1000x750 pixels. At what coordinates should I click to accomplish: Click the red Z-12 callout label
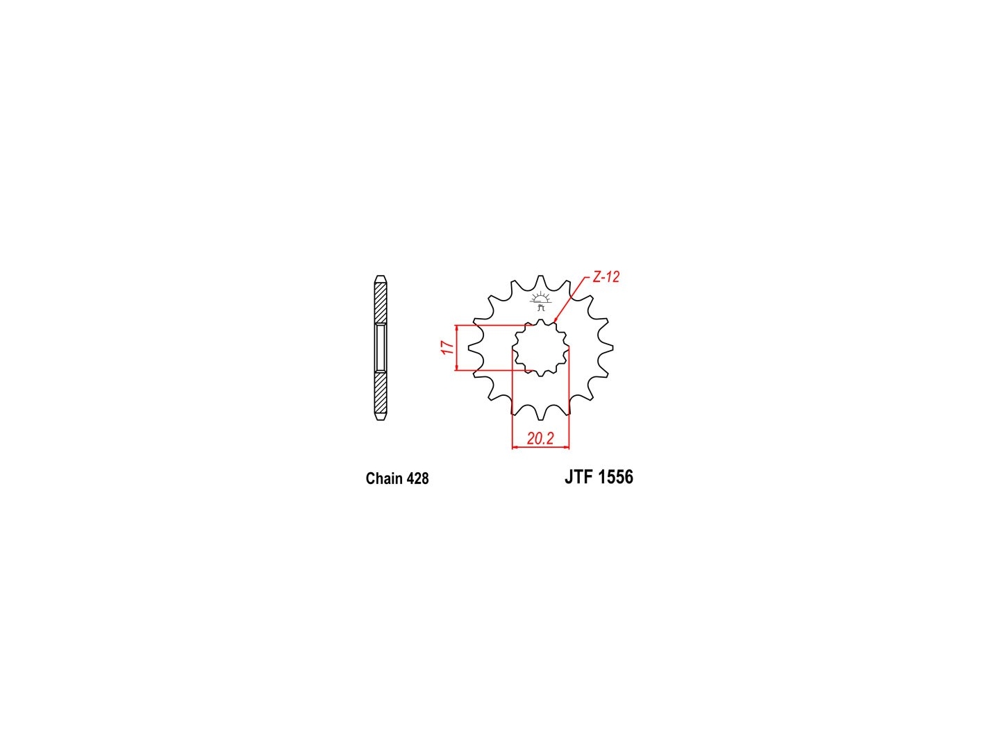coord(606,276)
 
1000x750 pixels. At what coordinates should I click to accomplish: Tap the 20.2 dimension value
coord(540,438)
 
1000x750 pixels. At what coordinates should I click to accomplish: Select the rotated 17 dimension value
coord(447,347)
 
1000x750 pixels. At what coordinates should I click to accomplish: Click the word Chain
coord(383,478)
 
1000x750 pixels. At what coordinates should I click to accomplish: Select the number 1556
coord(615,477)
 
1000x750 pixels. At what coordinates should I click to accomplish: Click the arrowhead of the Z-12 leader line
coord(556,320)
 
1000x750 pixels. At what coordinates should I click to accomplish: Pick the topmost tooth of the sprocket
coord(540,278)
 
